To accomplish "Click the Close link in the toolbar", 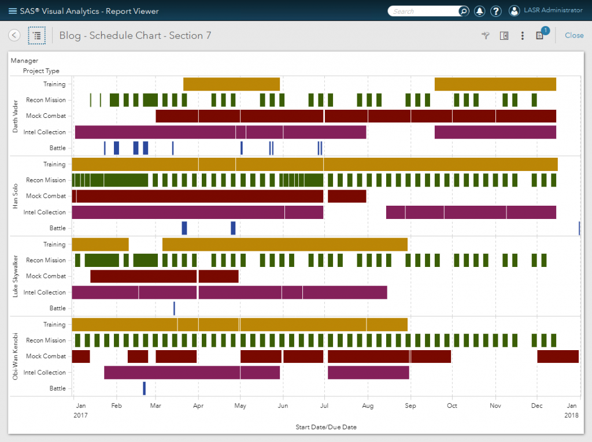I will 573,35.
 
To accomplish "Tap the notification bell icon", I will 479,11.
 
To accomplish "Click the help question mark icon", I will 495,11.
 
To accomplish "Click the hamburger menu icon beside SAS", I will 13,11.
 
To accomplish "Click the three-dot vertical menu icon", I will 522,36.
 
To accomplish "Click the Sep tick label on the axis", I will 410,406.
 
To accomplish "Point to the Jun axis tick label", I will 283,406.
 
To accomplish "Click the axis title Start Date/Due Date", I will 325,427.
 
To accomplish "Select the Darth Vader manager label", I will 16,116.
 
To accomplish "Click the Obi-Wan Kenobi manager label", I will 16,356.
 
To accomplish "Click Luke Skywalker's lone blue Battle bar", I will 174,308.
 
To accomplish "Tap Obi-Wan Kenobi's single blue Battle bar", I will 144,388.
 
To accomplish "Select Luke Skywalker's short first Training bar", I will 100,244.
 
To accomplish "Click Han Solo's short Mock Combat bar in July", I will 347,196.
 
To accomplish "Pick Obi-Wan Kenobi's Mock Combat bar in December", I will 557,356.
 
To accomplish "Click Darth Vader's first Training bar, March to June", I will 231,84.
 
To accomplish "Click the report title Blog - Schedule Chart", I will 135,35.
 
